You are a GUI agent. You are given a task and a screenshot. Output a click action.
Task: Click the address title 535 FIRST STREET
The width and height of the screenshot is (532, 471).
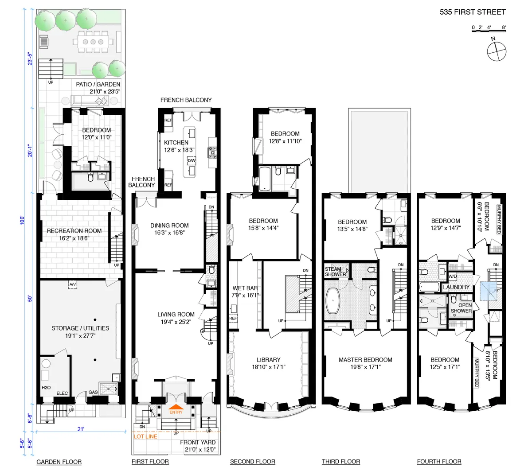pos(473,12)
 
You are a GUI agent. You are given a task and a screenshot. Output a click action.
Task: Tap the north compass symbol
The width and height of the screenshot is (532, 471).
pos(496,51)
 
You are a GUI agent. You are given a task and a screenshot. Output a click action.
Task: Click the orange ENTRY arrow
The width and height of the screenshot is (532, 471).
pos(176,408)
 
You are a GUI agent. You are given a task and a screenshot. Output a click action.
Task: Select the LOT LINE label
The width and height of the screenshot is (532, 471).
pos(145,436)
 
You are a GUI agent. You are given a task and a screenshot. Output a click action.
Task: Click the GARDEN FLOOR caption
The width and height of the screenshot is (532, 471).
pos(59,462)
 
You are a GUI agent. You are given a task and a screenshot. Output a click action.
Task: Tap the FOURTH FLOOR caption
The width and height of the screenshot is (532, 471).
pos(439,462)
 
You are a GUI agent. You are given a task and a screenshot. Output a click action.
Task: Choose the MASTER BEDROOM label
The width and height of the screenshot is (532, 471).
pos(365,360)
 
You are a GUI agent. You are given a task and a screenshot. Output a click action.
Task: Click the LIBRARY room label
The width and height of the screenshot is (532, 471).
pos(268,360)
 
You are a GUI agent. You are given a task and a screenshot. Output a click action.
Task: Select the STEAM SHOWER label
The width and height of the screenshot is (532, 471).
pos(335,272)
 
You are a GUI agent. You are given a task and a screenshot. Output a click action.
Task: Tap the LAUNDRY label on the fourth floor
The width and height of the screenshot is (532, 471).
pos(456,287)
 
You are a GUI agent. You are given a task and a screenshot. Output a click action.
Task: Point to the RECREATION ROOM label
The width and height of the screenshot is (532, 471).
pos(74,231)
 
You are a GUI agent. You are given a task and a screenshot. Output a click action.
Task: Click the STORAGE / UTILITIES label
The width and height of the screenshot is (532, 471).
pos(80,328)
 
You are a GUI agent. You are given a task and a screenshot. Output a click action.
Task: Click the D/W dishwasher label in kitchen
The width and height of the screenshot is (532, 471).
pos(192,161)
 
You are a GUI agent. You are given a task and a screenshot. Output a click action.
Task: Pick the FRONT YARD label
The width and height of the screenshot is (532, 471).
pos(198,442)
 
